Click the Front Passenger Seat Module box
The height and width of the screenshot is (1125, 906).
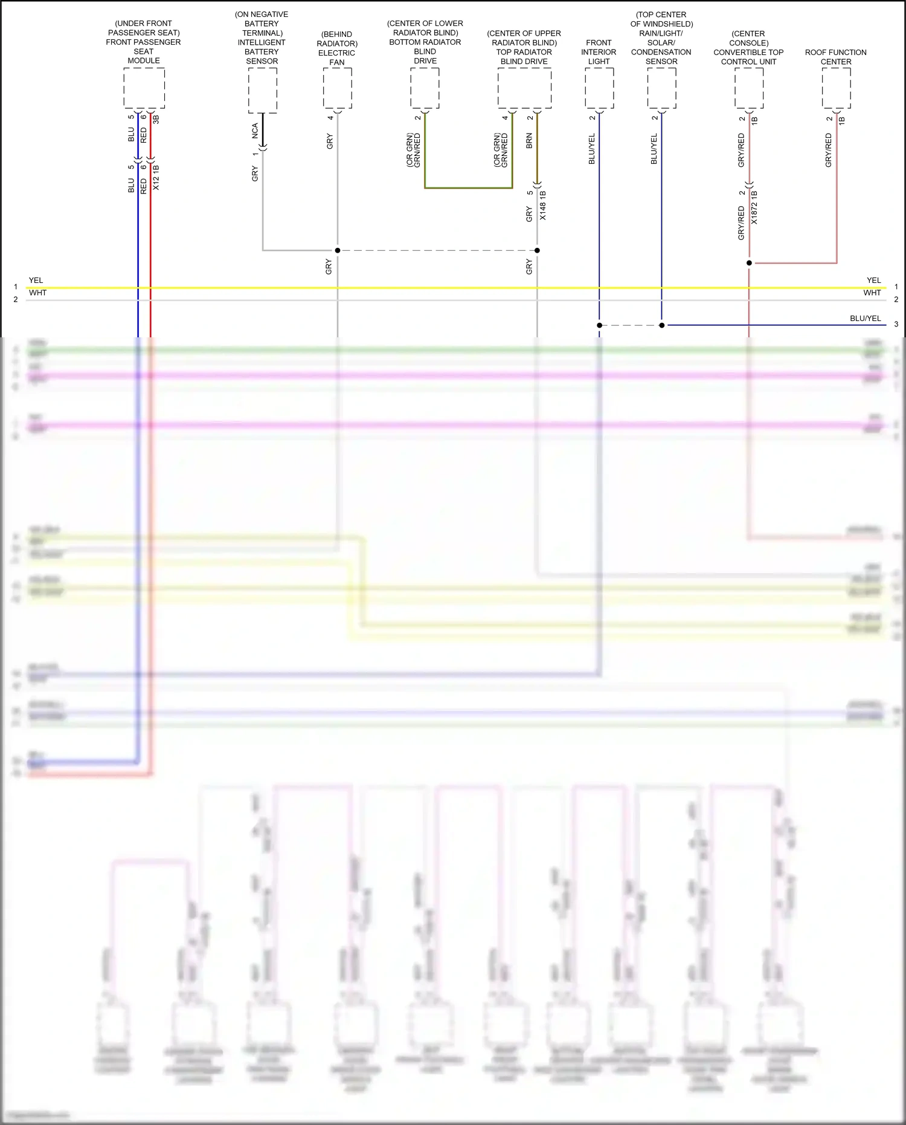[144, 88]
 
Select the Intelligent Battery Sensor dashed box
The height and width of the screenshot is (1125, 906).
[262, 90]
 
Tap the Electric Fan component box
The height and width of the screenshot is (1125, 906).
[337, 88]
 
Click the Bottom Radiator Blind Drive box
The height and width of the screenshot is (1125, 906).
[425, 88]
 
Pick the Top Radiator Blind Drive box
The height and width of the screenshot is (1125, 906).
[524, 88]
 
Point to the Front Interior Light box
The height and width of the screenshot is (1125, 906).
[599, 88]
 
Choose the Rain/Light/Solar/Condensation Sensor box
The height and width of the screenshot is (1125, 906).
[661, 88]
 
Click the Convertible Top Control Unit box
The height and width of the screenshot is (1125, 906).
[749, 88]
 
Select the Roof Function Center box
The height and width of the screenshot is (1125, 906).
[836, 88]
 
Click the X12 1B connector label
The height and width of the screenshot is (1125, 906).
[156, 177]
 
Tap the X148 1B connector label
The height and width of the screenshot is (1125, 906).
[542, 206]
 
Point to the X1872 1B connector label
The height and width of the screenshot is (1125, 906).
[754, 207]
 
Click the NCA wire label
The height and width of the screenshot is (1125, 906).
[255, 131]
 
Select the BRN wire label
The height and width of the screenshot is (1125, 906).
[529, 141]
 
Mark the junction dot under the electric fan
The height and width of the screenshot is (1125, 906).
[338, 250]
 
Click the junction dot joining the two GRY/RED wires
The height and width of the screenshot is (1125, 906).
[749, 263]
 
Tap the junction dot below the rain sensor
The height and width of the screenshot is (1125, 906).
[661, 325]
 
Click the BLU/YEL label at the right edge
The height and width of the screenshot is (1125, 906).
[865, 319]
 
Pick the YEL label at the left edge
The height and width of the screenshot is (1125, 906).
[36, 280]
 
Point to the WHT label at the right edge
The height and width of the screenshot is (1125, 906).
[872, 293]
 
